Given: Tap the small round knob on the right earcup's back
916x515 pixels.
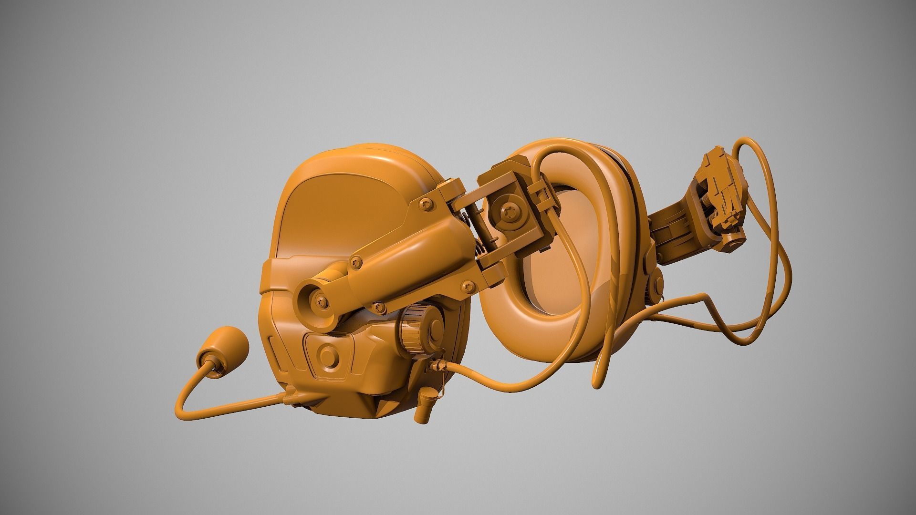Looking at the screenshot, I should coord(659,281).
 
